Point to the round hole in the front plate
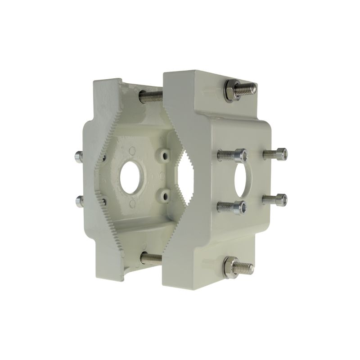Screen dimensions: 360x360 click(243, 180)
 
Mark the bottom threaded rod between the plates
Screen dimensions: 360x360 click(151, 258)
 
